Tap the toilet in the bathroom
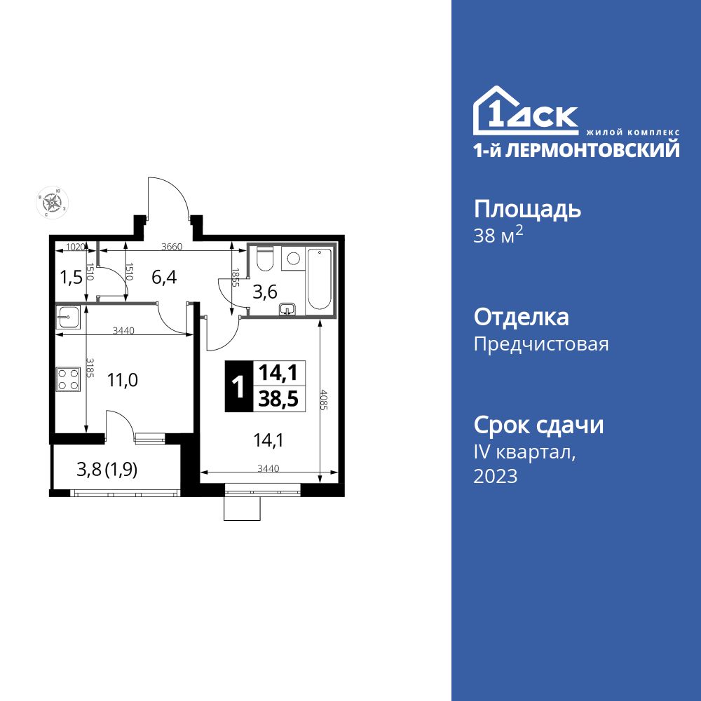[264, 260]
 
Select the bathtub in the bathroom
[319, 279]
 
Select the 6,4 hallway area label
[164, 277]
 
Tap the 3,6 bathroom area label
[264, 292]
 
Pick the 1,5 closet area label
[71, 276]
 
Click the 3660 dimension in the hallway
[172, 247]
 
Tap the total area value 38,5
[278, 398]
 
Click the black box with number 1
[238, 386]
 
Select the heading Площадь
[528, 209]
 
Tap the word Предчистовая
[541, 344]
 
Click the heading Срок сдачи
[538, 425]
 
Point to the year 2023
[496, 477]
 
